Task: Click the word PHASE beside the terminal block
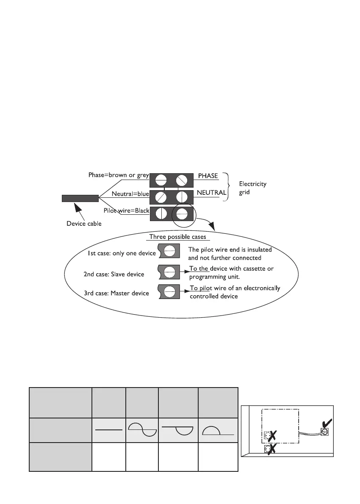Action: point(208,176)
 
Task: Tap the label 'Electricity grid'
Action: point(253,187)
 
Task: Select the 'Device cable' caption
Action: point(84,223)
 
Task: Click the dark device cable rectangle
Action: point(80,198)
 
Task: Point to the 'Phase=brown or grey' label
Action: point(119,174)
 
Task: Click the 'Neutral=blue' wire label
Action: point(130,194)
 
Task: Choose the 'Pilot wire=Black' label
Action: point(127,210)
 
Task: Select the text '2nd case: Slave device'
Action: point(114,274)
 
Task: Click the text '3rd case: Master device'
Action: point(116,293)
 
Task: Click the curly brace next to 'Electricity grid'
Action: point(227,186)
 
